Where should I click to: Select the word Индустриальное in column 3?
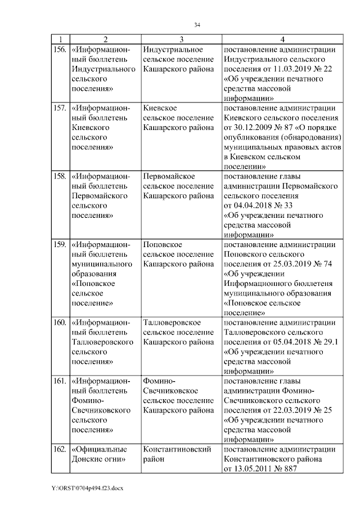172,50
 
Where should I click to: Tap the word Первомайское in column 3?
169,177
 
